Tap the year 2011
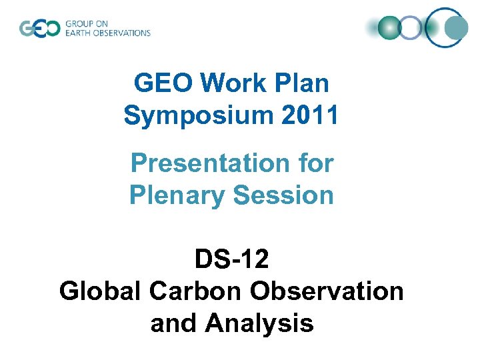click(x=311, y=115)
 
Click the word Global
click(x=100, y=291)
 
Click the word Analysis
click(x=259, y=323)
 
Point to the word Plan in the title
click(x=299, y=83)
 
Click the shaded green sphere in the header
click(x=389, y=27)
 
